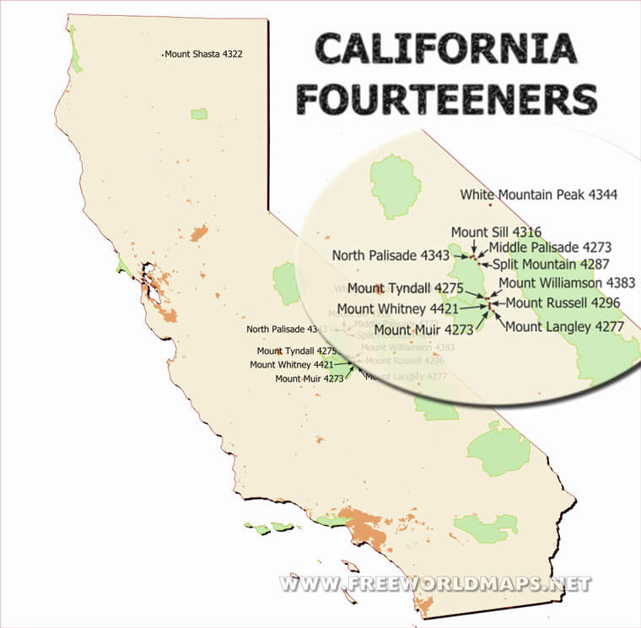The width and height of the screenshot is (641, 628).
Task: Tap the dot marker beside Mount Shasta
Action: click(x=162, y=55)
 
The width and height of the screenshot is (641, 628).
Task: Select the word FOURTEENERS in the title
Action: click(x=446, y=99)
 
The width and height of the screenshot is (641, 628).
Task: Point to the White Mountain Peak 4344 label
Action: click(x=538, y=195)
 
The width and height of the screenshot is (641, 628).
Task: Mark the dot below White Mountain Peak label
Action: click(x=489, y=205)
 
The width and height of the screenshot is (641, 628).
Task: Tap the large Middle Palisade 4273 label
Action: click(x=550, y=248)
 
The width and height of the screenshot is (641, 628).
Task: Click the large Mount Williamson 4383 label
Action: click(x=567, y=283)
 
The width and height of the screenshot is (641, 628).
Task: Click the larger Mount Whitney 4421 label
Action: click(x=396, y=309)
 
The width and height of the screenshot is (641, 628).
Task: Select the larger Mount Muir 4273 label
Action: click(x=423, y=330)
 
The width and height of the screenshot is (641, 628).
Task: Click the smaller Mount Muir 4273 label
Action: click(x=310, y=379)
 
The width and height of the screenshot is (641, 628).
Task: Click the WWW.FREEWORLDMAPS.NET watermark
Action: click(x=435, y=583)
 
